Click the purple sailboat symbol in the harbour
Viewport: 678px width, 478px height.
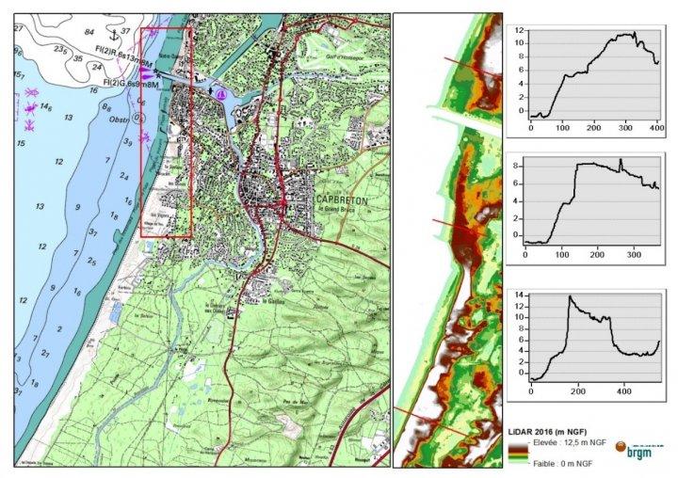[x=220, y=94]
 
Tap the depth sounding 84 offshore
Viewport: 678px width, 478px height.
[x=90, y=32]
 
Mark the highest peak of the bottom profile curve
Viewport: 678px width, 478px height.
[x=570, y=297]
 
